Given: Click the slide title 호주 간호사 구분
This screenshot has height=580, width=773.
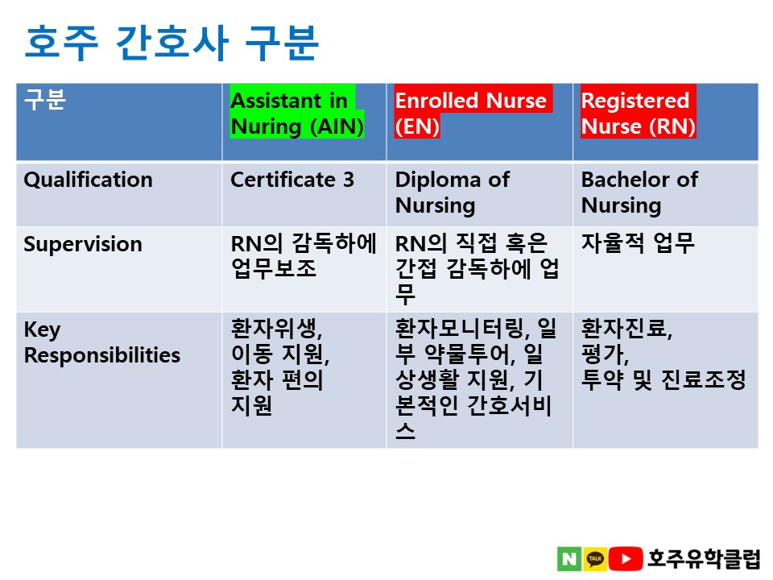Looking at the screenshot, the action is (172, 43).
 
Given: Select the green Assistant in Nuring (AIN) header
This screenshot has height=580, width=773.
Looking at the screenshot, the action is (297, 114).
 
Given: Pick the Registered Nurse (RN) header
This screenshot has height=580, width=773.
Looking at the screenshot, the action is (639, 114).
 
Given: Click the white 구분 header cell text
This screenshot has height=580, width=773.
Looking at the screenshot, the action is (45, 99).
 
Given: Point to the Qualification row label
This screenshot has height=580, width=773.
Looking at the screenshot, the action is (89, 180).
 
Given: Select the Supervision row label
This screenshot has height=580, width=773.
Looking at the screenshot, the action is (83, 244).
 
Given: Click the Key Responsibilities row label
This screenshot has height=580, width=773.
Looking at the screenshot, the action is (102, 342).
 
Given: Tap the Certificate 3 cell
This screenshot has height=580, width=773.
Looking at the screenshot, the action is (292, 180).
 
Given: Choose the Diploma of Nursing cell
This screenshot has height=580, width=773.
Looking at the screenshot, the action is (453, 193).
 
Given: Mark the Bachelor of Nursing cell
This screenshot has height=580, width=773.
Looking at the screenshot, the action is (640, 193).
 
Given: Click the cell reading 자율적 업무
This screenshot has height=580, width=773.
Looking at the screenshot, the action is (638, 243).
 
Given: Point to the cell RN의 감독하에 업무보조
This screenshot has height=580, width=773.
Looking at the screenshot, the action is (304, 256).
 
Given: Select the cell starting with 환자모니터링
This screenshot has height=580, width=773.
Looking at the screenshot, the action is (476, 379).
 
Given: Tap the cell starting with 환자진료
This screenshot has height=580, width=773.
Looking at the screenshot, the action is (663, 354).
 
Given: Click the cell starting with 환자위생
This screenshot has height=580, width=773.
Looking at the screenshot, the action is (280, 367).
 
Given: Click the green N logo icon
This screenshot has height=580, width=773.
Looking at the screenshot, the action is (569, 559).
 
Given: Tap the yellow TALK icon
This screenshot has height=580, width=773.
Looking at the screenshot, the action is (595, 559).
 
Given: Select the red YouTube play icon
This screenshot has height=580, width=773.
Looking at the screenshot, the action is (626, 559).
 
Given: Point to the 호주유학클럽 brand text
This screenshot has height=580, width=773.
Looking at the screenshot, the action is (704, 559).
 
